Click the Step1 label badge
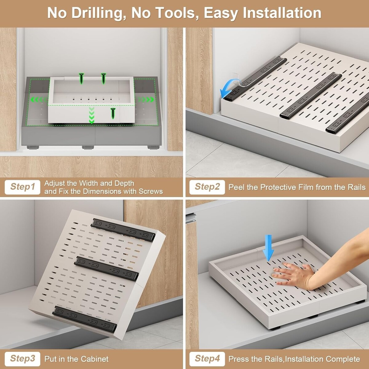coord(22,187)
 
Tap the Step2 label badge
coord(207,187)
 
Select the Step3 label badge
coord(22,359)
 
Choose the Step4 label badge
coord(207,359)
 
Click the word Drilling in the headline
coord(99,13)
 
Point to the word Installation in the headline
coord(282,13)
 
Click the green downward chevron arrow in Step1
coord(92,115)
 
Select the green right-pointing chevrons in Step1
coord(146,99)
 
